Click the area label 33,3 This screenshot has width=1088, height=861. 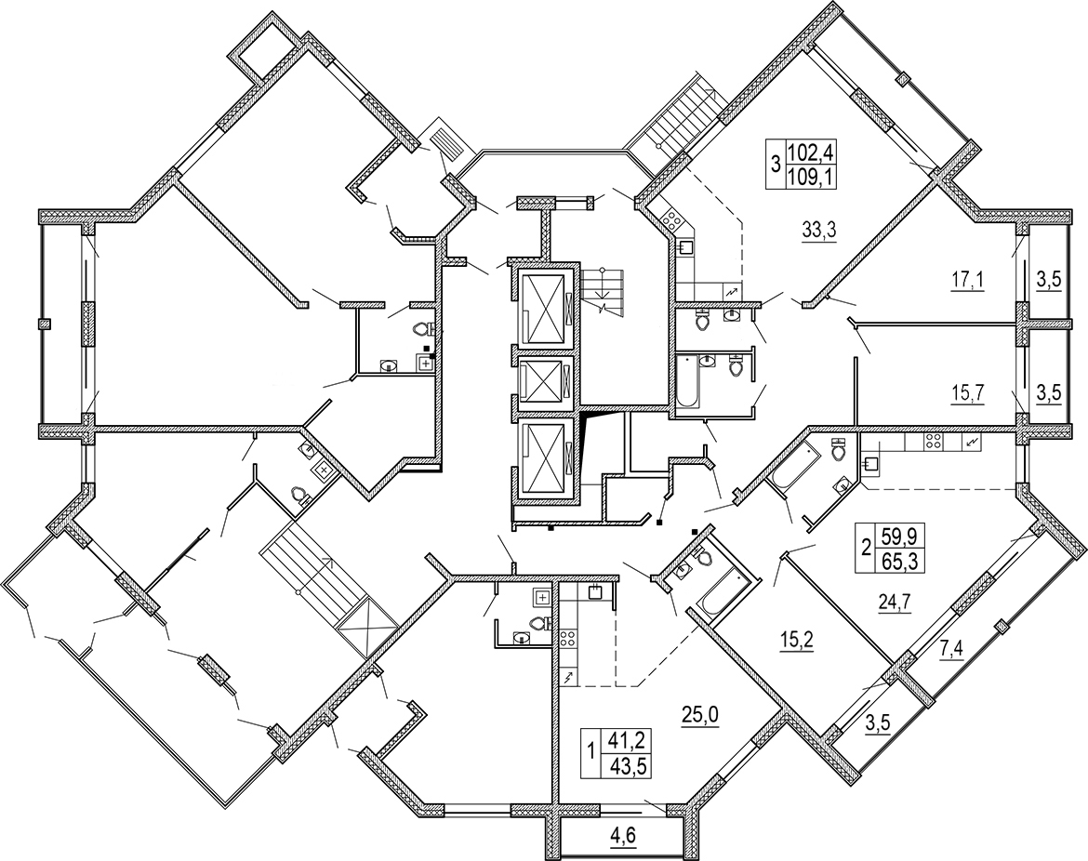[x=820, y=231]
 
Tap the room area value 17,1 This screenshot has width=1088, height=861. [x=968, y=281]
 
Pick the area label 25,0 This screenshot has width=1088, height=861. [x=701, y=712]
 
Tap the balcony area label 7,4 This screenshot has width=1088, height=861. [x=952, y=651]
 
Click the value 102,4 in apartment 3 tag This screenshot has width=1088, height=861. [x=810, y=152]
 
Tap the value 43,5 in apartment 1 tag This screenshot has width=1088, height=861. [x=628, y=766]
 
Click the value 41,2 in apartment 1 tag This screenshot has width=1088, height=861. [x=628, y=741]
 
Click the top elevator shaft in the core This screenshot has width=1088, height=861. [x=545, y=309]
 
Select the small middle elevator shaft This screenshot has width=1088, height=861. [x=545, y=381]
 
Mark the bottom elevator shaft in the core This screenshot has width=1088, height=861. [x=545, y=457]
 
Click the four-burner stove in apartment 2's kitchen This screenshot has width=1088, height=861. [x=932, y=442]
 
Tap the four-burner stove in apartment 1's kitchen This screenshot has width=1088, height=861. [x=567, y=638]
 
